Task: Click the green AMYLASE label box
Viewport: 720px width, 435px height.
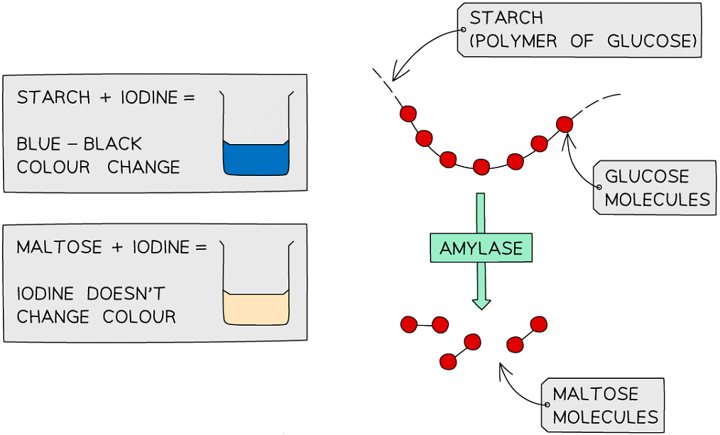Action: [x=481, y=248]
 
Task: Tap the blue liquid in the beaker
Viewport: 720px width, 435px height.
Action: [x=256, y=159]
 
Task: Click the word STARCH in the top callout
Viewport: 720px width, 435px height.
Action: [x=506, y=17]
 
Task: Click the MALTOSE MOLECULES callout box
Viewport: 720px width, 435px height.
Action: [x=604, y=404]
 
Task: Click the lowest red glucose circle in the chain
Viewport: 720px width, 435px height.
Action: [x=481, y=167]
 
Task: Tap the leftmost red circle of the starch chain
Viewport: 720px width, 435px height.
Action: [x=408, y=114]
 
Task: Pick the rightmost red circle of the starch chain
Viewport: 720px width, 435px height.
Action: [x=564, y=124]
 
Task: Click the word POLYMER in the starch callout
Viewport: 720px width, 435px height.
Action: [x=516, y=41]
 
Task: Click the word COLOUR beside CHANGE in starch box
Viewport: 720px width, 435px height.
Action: [x=53, y=167]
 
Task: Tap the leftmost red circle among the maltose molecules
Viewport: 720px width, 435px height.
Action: [x=408, y=325]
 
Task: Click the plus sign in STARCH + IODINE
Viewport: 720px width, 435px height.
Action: [x=105, y=97]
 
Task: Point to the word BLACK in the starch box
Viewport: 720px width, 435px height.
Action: [x=113, y=144]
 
